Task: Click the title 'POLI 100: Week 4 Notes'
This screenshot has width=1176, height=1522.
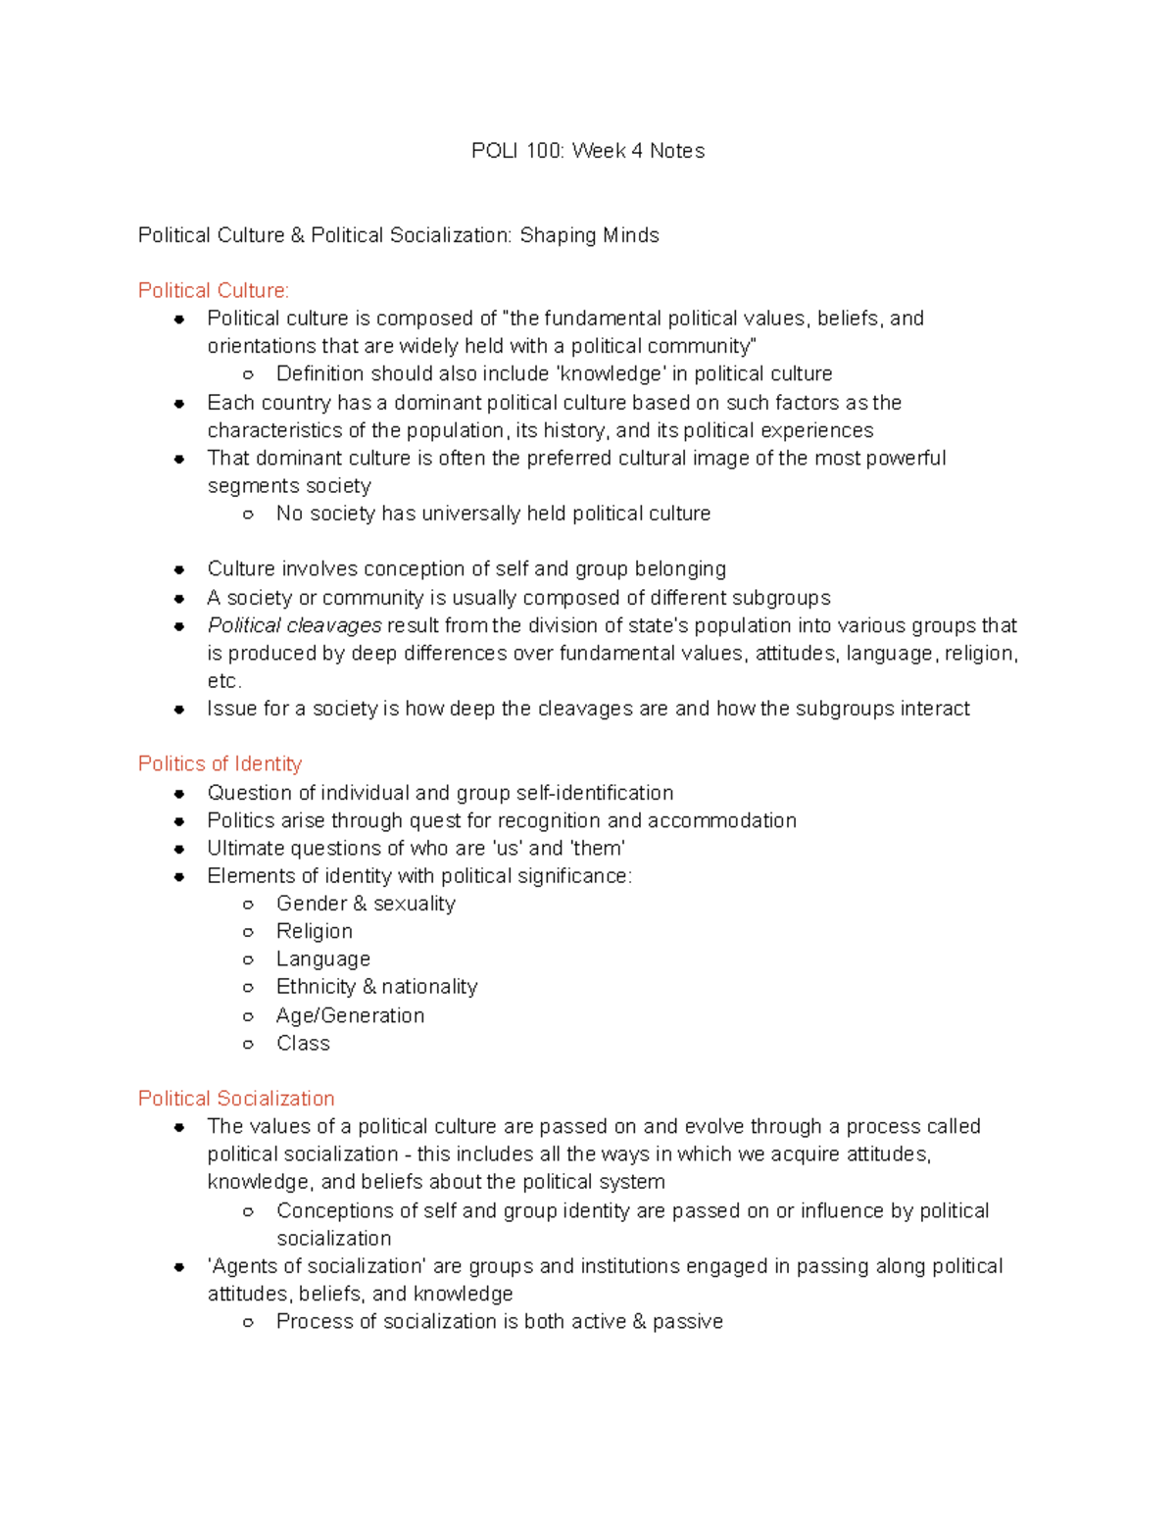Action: coord(587,151)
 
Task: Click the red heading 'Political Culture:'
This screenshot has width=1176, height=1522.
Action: coord(214,291)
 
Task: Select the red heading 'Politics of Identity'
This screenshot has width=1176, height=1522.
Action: coord(220,764)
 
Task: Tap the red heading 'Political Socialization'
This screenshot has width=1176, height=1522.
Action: coord(236,1099)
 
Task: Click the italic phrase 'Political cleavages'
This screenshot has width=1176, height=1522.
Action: coord(294,626)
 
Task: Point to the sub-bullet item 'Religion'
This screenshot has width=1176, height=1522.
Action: coord(314,932)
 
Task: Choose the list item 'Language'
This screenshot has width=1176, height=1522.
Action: coord(322,959)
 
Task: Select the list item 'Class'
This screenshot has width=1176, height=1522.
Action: coord(303,1044)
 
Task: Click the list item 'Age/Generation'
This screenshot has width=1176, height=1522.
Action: coord(350,1016)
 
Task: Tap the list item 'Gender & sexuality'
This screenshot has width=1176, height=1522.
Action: coord(366,904)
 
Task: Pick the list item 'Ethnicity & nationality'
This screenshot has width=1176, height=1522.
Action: coord(376,987)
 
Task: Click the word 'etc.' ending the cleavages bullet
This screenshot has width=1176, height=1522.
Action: coord(224,681)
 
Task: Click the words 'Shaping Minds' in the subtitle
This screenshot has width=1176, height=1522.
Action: coord(589,236)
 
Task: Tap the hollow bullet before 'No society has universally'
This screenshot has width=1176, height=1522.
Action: coord(249,515)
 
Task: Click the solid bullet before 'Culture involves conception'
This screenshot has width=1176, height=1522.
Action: coord(179,569)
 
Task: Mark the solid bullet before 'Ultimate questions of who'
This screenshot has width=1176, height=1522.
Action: coord(179,849)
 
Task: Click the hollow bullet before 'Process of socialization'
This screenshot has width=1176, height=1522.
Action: coord(249,1323)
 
